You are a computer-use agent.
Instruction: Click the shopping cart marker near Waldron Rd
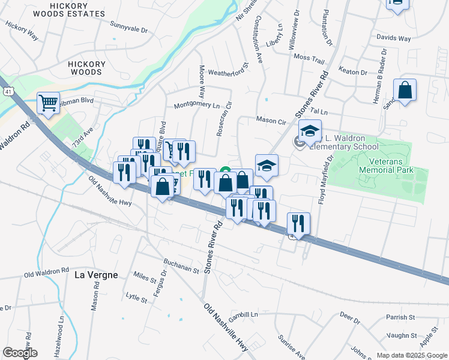[48, 102]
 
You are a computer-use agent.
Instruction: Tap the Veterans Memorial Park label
[387, 166]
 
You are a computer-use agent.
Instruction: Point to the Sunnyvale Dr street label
[128, 27]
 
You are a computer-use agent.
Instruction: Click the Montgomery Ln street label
[197, 105]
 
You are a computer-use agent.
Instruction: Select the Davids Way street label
[393, 38]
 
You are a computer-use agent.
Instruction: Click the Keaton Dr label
[353, 72]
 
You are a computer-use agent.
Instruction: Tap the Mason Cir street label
[271, 120]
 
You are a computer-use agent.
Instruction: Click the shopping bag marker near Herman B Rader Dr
[405, 91]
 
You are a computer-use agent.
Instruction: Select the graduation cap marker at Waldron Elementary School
[310, 131]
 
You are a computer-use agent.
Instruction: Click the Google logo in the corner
[20, 353]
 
